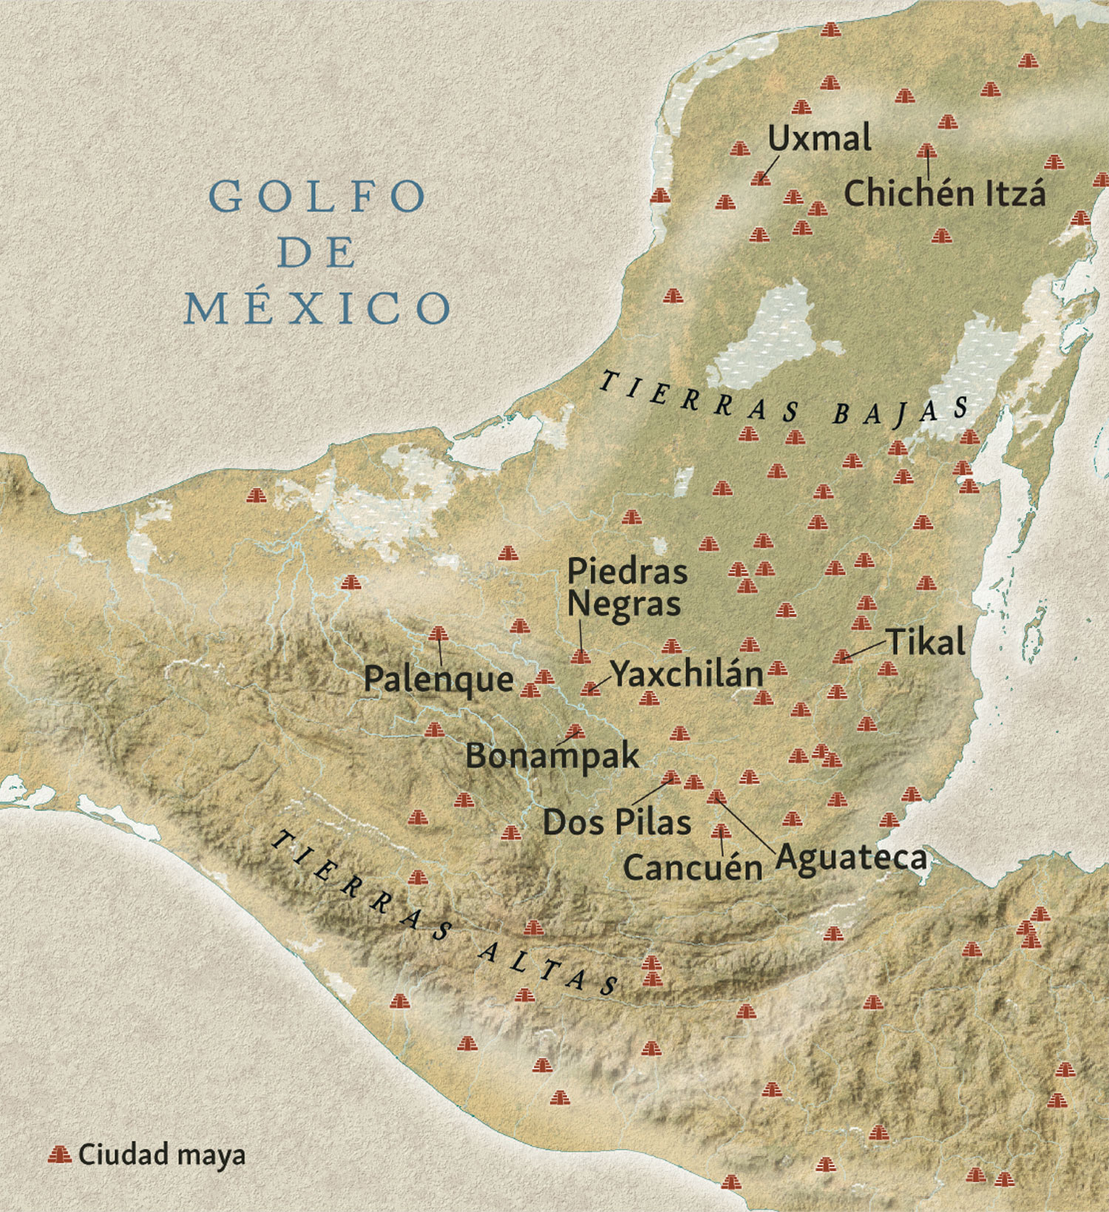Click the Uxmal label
[819, 138]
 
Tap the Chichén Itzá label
[944, 194]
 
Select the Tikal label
[926, 641]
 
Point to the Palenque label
[438, 680]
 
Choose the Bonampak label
[552, 756]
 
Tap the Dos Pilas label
[617, 822]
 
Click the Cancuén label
[692, 867]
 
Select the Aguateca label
[850, 857]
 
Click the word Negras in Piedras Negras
[623, 604]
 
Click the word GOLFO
[318, 197]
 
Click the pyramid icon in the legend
[59, 1154]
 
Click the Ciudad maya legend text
[161, 1154]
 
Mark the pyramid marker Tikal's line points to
[842, 657]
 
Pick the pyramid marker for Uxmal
[760, 178]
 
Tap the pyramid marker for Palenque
[438, 634]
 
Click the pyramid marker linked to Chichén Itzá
[926, 152]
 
